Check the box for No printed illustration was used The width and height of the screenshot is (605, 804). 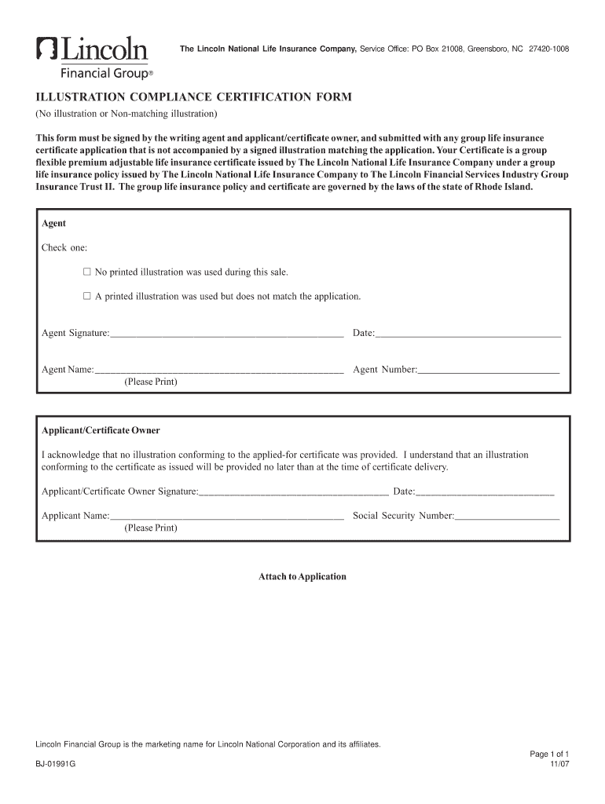click(x=87, y=272)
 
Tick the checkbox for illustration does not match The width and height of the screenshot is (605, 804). click(x=87, y=297)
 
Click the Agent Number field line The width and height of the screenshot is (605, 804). click(x=488, y=370)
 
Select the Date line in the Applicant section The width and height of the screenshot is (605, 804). click(x=484, y=493)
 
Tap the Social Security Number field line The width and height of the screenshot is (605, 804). click(x=507, y=517)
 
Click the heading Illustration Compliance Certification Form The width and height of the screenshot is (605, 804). click(x=190, y=97)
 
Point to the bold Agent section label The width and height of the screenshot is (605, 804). click(x=53, y=224)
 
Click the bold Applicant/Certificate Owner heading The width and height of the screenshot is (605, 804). click(x=101, y=430)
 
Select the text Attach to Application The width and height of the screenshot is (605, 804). click(x=302, y=576)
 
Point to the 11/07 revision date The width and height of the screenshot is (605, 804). click(x=559, y=764)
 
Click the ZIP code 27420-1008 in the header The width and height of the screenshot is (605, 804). click(x=549, y=49)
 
